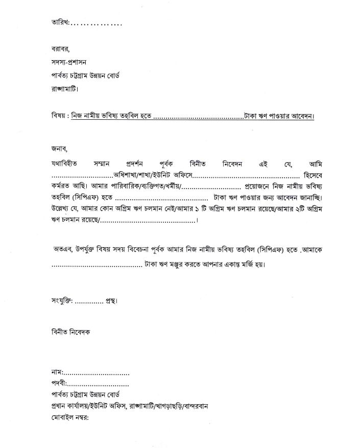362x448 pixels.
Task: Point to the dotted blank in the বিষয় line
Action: pyautogui.click(x=198, y=118)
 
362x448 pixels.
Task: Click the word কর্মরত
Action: pyautogui.click(x=58, y=186)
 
